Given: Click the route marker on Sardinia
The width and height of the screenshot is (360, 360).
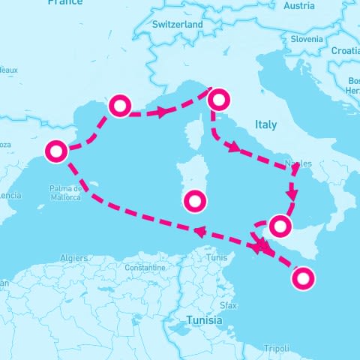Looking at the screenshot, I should coord(195,201).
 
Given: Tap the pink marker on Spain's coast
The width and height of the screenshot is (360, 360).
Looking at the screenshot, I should coord(55,151).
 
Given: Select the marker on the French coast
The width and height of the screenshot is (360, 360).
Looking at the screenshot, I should coord(120,106).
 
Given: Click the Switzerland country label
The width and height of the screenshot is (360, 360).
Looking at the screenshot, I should coord(178,25).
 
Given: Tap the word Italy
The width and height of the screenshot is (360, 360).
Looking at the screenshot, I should coord(265,124).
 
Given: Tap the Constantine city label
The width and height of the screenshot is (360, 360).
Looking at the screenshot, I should coord(145,267).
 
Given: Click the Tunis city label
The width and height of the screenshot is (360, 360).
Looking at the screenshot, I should coord(217,257).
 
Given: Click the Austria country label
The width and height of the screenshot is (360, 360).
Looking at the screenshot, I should coord(299,6).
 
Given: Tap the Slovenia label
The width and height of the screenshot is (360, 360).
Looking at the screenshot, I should coord(307,38).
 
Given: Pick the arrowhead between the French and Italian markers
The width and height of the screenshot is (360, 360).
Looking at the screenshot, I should coord(160,112).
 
